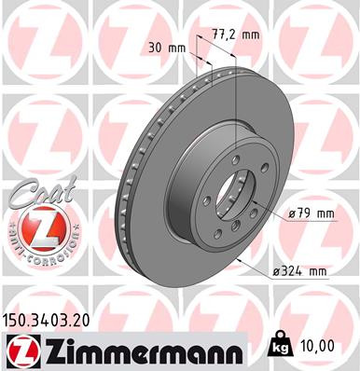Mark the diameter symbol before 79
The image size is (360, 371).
tap(292, 213)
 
